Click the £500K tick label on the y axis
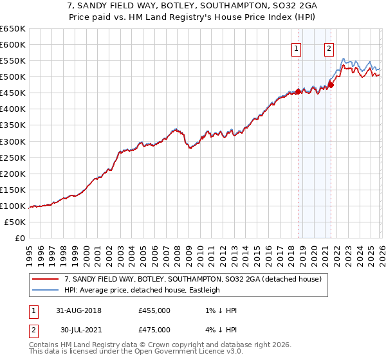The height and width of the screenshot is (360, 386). (13, 77)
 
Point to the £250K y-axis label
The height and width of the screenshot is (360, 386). (13, 157)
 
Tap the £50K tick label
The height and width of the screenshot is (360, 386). (15, 222)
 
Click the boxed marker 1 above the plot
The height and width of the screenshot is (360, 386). (296, 48)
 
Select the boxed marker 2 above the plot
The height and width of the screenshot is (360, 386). (329, 48)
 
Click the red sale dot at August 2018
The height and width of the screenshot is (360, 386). (298, 91)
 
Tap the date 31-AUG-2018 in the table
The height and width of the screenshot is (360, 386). (78, 310)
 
